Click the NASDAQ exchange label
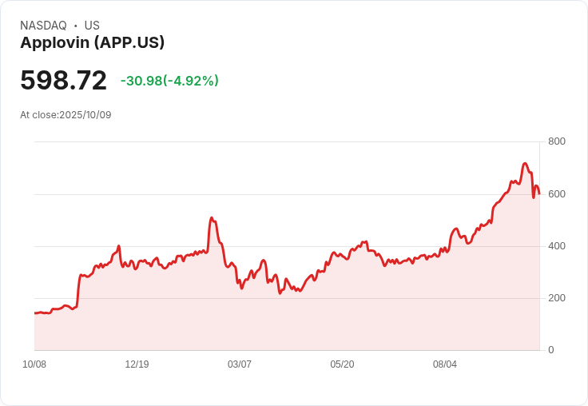pyautogui.click(x=43, y=26)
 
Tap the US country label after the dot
pyautogui.click(x=92, y=26)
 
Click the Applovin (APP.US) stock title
pyautogui.click(x=93, y=42)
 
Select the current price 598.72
pyautogui.click(x=63, y=81)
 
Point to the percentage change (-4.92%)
pyautogui.click(x=191, y=81)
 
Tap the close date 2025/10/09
pyautogui.click(x=85, y=115)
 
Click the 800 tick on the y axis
pyautogui.click(x=556, y=141)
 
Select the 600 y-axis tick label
pyautogui.click(x=556, y=193)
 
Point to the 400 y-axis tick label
pyautogui.click(x=556, y=245)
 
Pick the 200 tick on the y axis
pyautogui.click(x=556, y=298)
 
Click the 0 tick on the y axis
pyautogui.click(x=550, y=350)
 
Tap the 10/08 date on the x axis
pyautogui.click(x=34, y=364)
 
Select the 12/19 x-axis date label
pyautogui.click(x=137, y=364)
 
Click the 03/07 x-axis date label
pyautogui.click(x=240, y=364)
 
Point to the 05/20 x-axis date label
pyautogui.click(x=342, y=364)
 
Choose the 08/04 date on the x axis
pyautogui.click(x=445, y=364)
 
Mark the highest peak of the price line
pyautogui.click(x=525, y=164)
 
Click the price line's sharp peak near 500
pyautogui.click(x=211, y=217)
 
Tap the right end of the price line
pyautogui.click(x=539, y=193)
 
